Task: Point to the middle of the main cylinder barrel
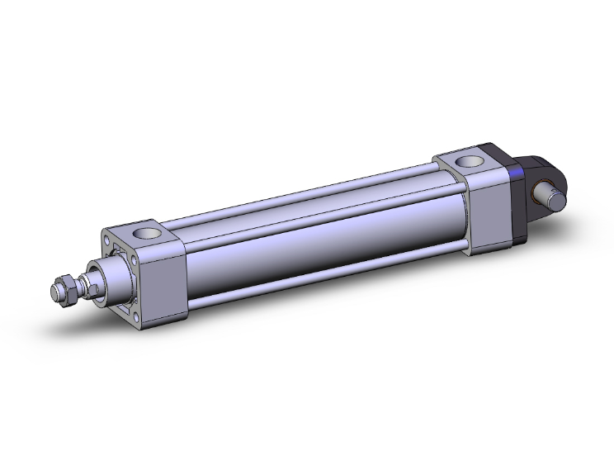(x=322, y=240)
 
